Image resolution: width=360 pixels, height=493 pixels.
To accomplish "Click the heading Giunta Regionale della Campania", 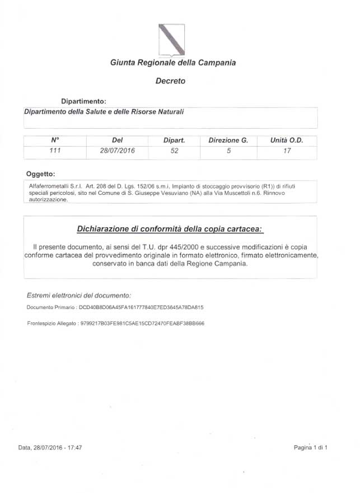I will tap(173, 63).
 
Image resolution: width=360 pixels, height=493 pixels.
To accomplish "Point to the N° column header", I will tap(55, 140).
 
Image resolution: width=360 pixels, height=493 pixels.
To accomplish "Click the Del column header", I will tap(118, 140).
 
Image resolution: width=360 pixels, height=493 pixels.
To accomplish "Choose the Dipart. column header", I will tap(174, 140).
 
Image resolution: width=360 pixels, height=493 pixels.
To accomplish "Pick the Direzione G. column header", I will tap(228, 140).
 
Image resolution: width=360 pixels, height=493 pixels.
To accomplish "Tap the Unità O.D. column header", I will tap(286, 140).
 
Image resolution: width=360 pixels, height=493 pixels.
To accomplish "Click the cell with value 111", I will tap(55, 151).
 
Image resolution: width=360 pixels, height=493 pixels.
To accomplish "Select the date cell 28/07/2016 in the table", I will tap(118, 151).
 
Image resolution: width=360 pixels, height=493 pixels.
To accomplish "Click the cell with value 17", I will tap(287, 151).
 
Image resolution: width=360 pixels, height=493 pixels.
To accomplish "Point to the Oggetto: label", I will tap(41, 173).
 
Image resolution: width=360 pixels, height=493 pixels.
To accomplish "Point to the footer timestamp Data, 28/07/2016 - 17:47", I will tap(50, 448).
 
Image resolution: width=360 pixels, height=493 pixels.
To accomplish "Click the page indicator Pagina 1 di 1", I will tap(310, 448).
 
